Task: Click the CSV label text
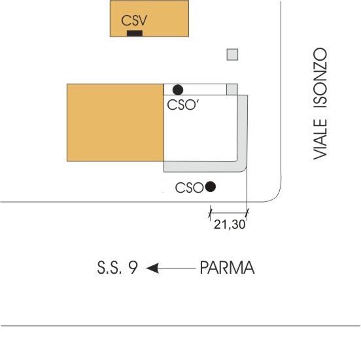coord(134,20)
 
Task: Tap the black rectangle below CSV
coord(135,33)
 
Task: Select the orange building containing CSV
coord(149,18)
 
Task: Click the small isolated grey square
coord(232,54)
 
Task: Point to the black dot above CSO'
coord(178,90)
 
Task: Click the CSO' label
coord(183,105)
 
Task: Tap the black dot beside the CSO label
coord(210,187)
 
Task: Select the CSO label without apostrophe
coord(189,188)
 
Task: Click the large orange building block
coord(115,122)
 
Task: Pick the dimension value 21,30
coord(230,224)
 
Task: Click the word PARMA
coord(227,267)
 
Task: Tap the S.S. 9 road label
coord(118,267)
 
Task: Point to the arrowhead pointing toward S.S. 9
coord(152,268)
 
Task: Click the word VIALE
coord(320,139)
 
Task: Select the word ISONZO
coord(320,78)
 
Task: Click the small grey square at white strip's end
coord(232,90)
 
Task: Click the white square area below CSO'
coord(200,128)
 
